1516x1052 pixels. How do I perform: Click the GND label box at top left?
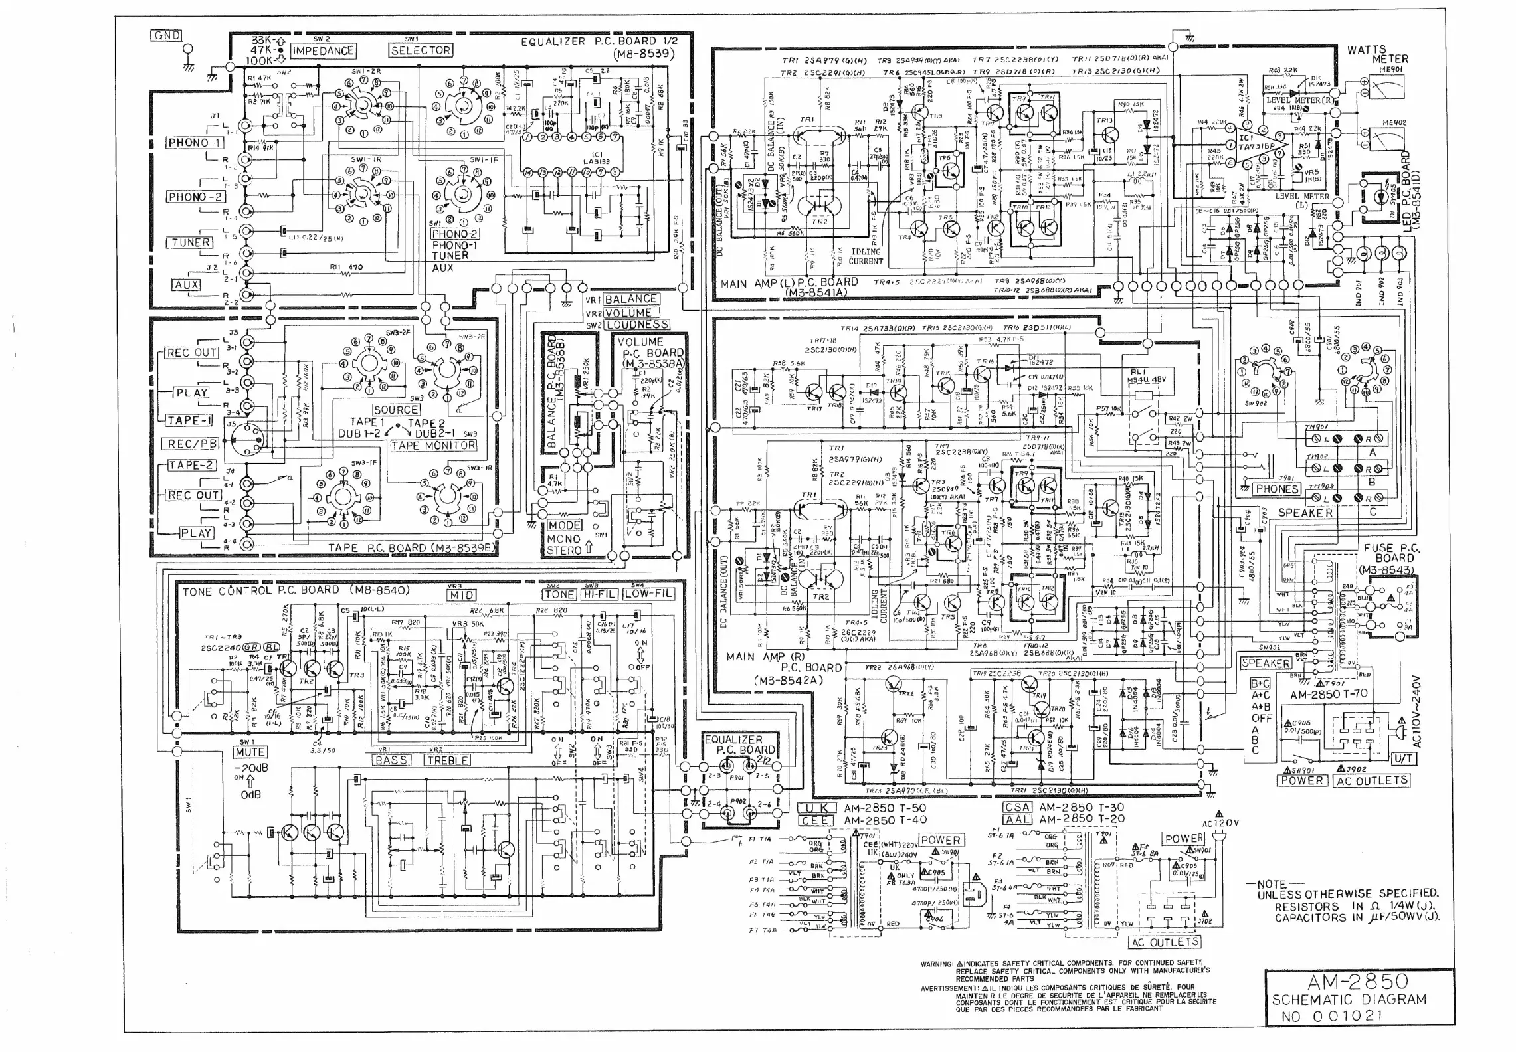(166, 36)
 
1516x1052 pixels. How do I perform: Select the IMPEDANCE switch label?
(323, 51)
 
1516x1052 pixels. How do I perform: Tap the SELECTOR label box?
(421, 50)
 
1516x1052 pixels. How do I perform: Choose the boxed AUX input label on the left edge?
(187, 285)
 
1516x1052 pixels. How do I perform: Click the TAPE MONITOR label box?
(433, 446)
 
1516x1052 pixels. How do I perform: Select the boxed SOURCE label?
(396, 410)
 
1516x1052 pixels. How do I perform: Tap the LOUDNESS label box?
(636, 325)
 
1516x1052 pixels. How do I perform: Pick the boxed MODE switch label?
(564, 525)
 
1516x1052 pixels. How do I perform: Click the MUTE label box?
(250, 752)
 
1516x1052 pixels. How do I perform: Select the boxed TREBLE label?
(448, 760)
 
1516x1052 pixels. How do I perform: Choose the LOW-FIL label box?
(648, 594)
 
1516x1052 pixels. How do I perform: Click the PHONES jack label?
(1276, 489)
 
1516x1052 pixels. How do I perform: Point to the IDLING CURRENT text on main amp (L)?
(866, 256)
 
